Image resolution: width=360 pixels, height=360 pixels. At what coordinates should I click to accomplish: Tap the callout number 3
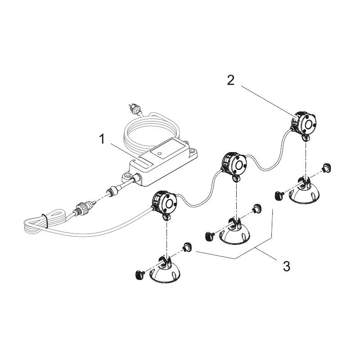[x=286, y=265]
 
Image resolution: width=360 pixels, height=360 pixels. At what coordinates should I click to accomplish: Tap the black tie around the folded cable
[x=45, y=221]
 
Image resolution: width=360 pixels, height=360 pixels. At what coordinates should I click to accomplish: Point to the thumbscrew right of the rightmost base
[x=327, y=168]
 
